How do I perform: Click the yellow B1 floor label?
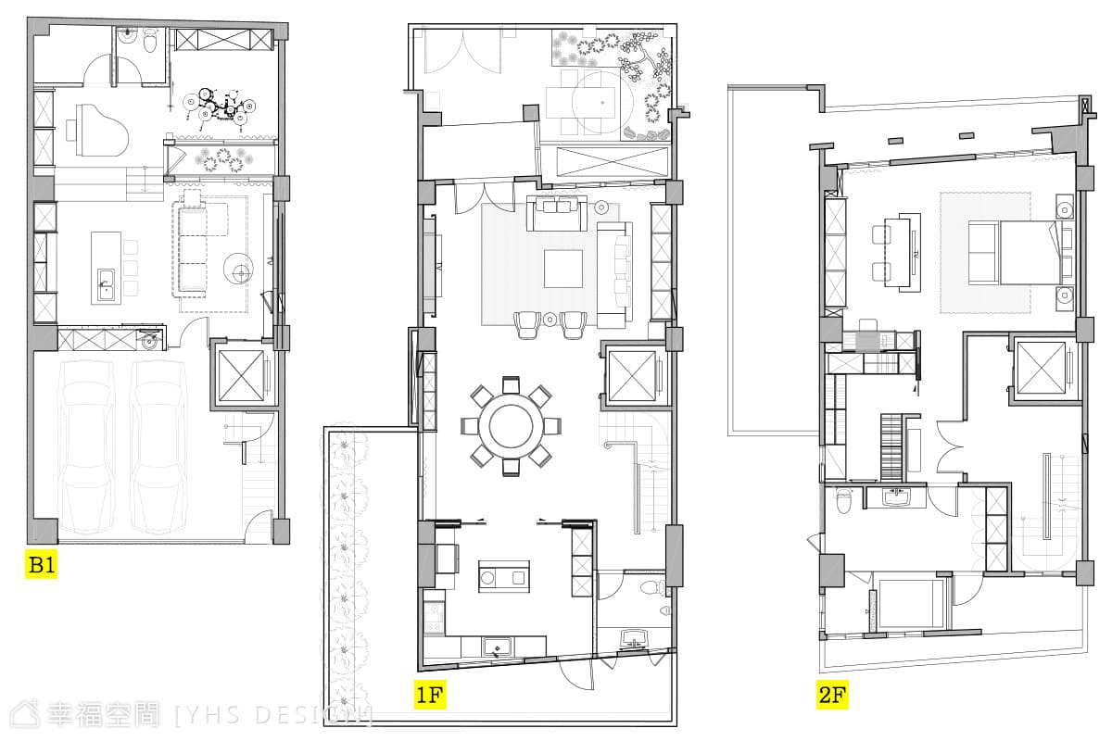41,564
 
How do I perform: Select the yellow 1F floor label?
430,695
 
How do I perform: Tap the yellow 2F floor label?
832,695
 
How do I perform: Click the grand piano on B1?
97,131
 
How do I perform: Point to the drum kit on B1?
220,107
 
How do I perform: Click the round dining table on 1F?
511,426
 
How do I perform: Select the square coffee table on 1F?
563,269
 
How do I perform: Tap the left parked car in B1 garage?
85,447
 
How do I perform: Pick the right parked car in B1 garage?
158,447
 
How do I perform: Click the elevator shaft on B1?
242,375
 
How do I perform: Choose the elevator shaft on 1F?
632,376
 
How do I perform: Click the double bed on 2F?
1030,253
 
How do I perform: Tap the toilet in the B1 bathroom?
150,41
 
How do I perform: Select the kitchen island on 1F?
504,576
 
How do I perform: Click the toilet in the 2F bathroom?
844,501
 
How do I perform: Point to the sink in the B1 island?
106,285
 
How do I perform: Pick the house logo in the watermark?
25,715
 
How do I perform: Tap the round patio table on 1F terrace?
602,103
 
